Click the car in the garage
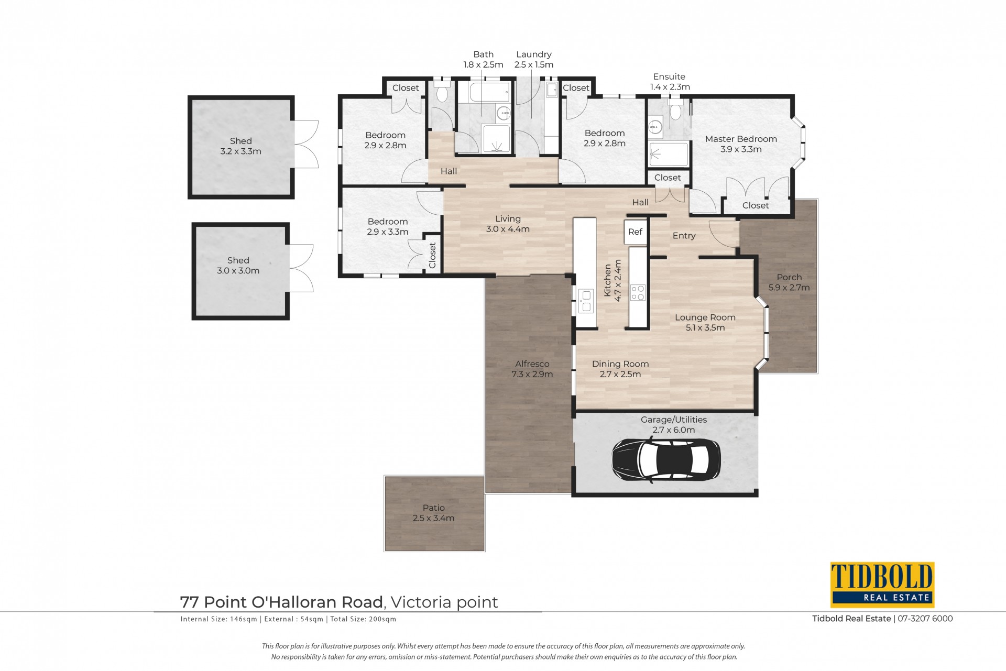coord(666,459)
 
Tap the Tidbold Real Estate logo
coord(882,585)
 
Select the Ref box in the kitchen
coord(635,232)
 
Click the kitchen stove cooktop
coord(638,292)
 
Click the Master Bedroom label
coord(741,139)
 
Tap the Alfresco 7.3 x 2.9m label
coord(532,369)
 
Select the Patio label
coord(434,508)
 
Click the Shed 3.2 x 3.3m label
coord(240,146)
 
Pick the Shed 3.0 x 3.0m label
coord(238,266)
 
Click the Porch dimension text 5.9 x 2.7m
coord(789,288)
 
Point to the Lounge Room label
coord(705,317)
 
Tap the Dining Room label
coord(620,364)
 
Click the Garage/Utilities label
coord(674,420)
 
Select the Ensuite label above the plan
coord(669,76)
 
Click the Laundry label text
coord(534,54)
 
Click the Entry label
coord(684,236)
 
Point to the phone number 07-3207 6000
coord(925,619)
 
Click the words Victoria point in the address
coord(444,602)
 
